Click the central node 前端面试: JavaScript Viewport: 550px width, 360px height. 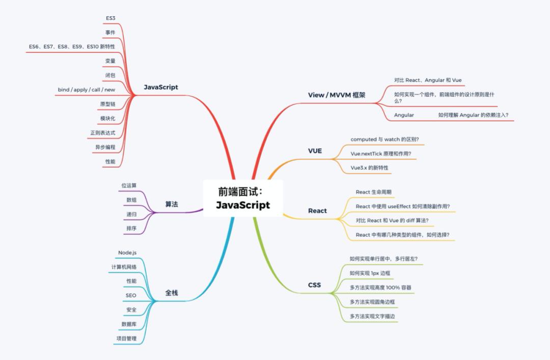242,199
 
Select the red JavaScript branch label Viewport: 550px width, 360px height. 160,87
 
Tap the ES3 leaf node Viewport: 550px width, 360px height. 111,18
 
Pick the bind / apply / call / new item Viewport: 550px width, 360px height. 86,90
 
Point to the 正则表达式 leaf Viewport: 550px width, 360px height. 102,133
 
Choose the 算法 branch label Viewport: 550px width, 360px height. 172,204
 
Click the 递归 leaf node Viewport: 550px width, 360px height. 131,214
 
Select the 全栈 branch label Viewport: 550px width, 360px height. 172,293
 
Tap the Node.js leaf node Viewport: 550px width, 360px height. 127,253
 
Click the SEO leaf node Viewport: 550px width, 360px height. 131,295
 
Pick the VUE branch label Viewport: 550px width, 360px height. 315,151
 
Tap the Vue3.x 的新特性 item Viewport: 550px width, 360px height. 372,168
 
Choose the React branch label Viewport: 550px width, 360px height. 317,211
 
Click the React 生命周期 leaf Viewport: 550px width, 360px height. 373,192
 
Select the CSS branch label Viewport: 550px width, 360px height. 314,285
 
